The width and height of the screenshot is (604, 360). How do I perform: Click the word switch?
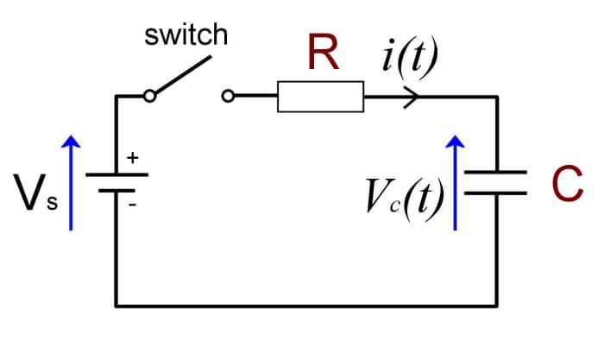point(186,35)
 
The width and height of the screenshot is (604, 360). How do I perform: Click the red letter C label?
point(563,183)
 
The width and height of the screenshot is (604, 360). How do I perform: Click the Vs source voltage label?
point(32,191)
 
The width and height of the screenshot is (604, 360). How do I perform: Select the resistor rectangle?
point(320,97)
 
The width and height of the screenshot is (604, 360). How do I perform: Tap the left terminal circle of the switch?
point(150,97)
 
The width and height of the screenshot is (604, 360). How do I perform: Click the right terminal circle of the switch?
point(228,97)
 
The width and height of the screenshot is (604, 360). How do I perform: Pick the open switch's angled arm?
point(183,76)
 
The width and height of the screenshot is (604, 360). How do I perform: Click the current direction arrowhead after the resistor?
point(412,97)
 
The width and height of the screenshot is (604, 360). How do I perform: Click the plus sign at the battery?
point(132,158)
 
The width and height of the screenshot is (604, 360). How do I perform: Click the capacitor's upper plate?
point(495,173)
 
